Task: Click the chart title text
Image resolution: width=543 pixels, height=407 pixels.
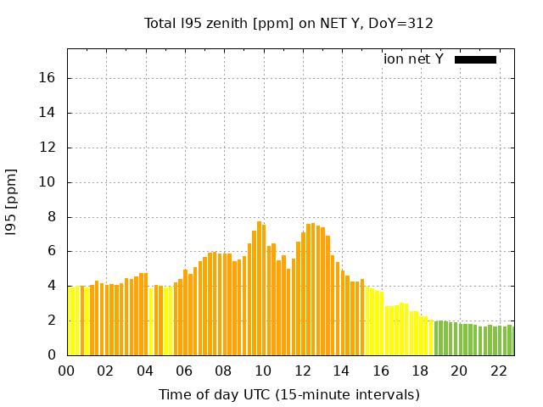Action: point(288,24)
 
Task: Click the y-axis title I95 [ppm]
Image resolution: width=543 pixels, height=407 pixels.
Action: point(12,202)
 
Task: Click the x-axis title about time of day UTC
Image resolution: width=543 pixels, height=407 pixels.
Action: point(288,394)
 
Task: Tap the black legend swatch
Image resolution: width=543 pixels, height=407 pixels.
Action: point(475,59)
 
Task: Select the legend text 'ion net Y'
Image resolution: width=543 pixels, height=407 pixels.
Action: point(413,59)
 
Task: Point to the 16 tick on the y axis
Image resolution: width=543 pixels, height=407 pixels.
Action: point(48,78)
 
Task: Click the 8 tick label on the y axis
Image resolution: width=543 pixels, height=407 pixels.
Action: point(52,217)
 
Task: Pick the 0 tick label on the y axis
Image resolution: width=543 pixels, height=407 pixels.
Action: point(52,355)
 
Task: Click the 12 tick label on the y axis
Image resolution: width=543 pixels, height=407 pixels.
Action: point(48,148)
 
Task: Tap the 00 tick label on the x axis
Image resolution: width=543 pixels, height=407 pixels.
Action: point(68,371)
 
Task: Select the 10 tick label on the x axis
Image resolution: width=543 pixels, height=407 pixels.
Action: point(264,371)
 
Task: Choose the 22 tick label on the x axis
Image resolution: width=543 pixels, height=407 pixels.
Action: point(499,371)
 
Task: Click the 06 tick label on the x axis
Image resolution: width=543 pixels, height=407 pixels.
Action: point(185,371)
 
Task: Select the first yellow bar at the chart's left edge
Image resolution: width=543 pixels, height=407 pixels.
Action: point(70,321)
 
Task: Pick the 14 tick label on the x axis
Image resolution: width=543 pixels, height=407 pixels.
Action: point(342,371)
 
